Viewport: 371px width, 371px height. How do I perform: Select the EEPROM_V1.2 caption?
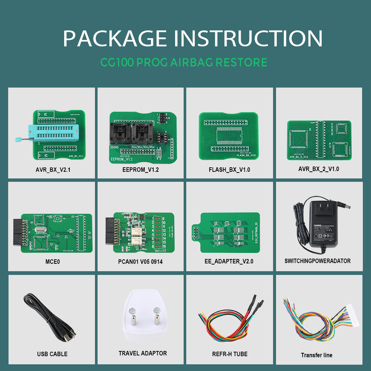pos(140,170)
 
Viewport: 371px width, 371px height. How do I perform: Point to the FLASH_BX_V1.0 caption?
pos(229,170)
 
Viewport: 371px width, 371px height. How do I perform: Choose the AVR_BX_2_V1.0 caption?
pos(318,169)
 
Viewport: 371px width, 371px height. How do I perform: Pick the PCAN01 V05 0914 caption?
pos(140,262)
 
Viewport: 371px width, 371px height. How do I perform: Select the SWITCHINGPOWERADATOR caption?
pos(318,261)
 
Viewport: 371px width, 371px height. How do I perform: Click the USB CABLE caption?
pos(52,354)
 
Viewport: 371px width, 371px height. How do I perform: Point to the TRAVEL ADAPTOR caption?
pos(143,353)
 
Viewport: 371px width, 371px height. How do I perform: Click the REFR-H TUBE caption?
pos(230,354)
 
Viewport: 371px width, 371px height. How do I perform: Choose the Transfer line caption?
pos(316,355)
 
